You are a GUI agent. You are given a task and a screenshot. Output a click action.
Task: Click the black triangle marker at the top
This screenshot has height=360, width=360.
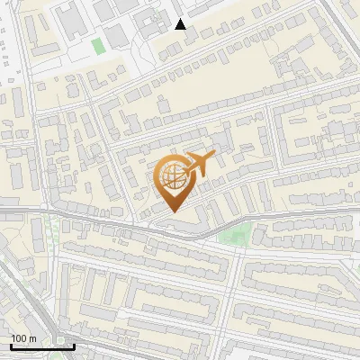[180, 24]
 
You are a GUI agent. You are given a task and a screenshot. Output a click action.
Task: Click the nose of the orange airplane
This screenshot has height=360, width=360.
[215, 157]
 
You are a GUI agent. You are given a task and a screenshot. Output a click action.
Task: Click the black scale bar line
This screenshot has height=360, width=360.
[42, 346]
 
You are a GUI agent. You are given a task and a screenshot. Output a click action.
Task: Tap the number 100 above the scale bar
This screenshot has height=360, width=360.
[19, 338]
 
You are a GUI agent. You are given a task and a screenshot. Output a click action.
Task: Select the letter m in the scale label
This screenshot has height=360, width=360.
[32, 338]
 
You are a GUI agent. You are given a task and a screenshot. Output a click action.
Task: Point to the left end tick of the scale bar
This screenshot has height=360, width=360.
[11, 345]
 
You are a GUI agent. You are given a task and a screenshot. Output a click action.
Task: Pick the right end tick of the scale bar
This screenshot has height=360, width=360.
[74, 345]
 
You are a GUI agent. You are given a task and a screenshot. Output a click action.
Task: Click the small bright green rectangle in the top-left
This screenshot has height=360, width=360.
[97, 45]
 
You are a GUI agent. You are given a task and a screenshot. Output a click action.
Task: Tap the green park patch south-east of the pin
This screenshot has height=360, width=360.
[234, 237]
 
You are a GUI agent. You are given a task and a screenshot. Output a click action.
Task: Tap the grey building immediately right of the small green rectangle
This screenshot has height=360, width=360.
[115, 38]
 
